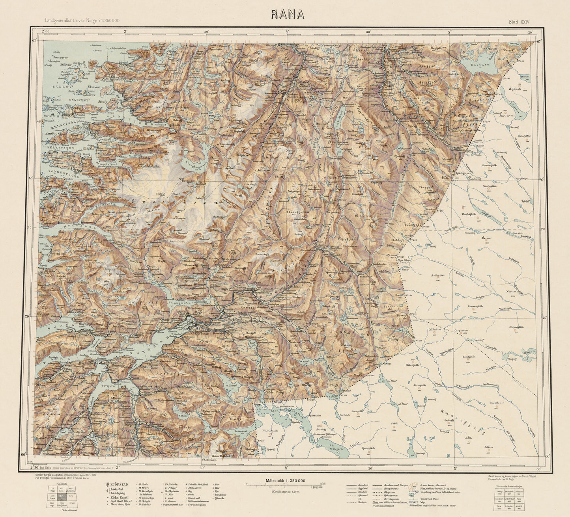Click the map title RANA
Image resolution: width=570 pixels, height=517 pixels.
coord(287,14)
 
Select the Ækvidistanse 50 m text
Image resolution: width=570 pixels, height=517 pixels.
coord(286,492)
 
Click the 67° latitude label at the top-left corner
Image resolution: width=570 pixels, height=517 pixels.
coord(34,40)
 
